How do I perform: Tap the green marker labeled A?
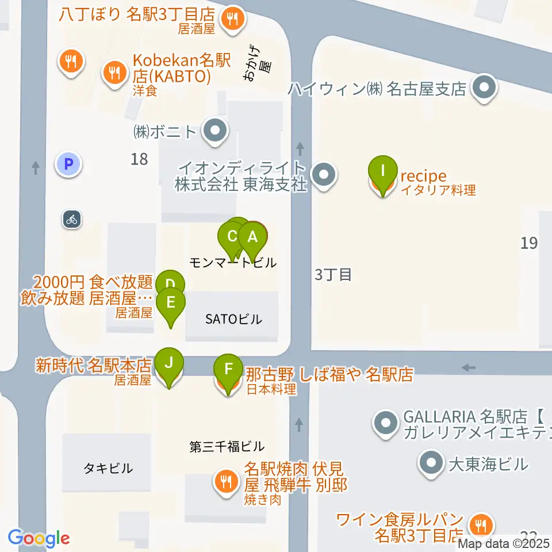252,237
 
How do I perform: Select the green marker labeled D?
170,284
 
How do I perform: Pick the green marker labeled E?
171,302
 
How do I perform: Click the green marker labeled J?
168,363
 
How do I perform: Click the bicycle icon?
71,218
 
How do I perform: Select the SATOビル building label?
233,319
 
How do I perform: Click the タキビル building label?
108,468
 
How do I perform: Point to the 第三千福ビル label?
227,446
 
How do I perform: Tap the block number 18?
139,159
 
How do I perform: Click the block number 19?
528,243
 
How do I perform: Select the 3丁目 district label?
333,274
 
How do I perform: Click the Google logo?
39,538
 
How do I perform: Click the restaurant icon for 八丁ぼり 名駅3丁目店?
233,18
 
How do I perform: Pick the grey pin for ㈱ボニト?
216,132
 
